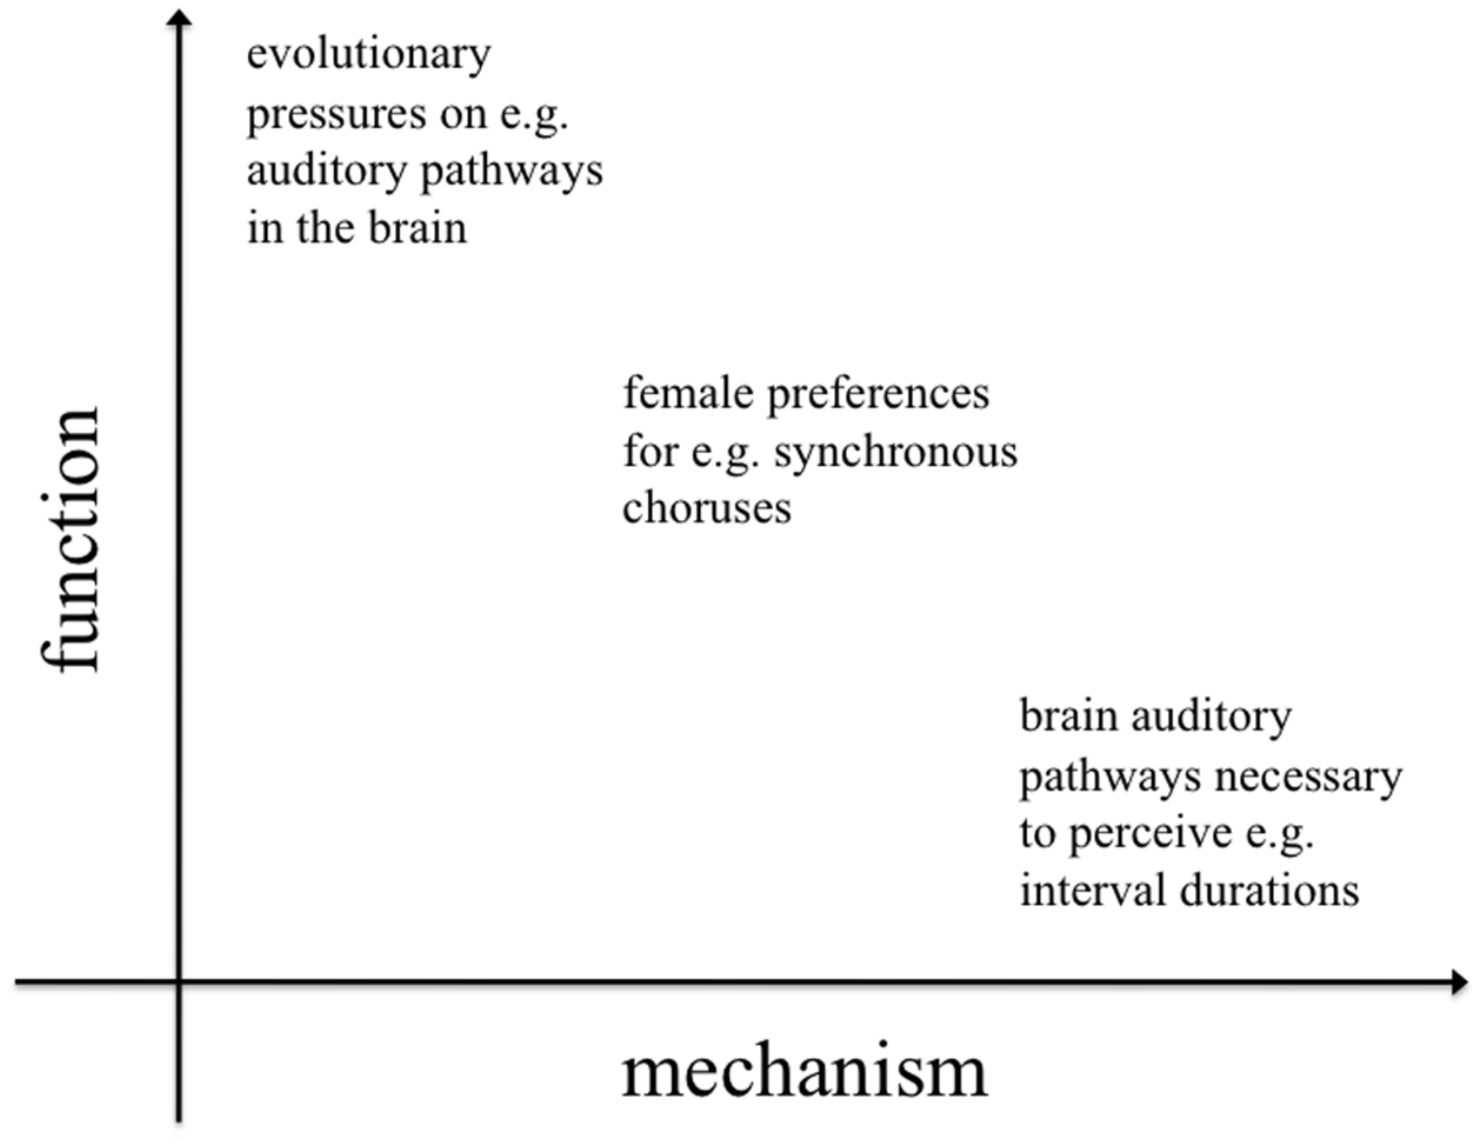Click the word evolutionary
coord(368,55)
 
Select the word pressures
coord(336,115)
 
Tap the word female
coord(688,394)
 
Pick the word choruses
coord(706,509)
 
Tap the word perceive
coord(1150,835)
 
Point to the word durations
coord(1270,891)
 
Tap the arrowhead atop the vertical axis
coord(179,18)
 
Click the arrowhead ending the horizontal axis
coord(1458,982)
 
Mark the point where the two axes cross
coord(179,981)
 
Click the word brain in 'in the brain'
coord(418,229)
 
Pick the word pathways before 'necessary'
coord(1110,778)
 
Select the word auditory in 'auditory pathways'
coord(325,172)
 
